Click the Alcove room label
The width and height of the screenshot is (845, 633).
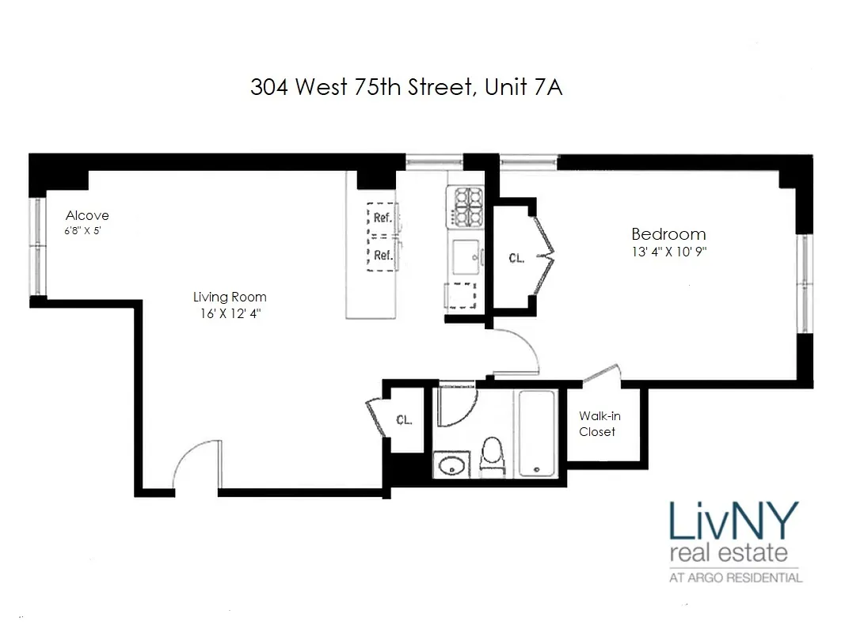87,215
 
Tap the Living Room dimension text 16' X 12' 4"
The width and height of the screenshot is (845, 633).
230,314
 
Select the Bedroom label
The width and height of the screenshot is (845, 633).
668,234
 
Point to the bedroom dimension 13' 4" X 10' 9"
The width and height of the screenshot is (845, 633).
668,252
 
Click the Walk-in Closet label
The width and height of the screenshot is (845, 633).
597,423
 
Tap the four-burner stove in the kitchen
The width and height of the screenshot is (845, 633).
466,207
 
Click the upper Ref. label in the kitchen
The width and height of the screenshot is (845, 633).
383,218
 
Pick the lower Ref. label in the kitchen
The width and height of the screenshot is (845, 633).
383,255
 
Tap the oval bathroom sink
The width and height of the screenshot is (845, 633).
451,464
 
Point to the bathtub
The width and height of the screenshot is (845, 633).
538,434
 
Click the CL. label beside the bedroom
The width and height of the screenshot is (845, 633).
516,258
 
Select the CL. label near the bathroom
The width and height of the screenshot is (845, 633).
404,419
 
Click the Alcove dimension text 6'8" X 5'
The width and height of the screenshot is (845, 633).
84,231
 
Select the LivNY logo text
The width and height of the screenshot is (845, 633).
733,522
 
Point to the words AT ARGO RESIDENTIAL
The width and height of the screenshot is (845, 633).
736,578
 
